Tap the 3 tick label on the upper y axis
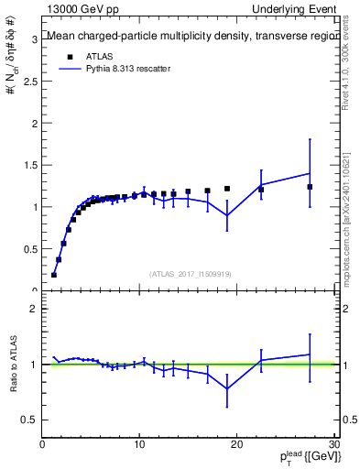35,38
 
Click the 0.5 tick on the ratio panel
30,420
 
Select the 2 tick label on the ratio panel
35,309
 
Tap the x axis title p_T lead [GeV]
301,458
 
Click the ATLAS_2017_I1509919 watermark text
189,274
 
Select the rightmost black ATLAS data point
310,187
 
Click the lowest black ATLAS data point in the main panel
54,275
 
